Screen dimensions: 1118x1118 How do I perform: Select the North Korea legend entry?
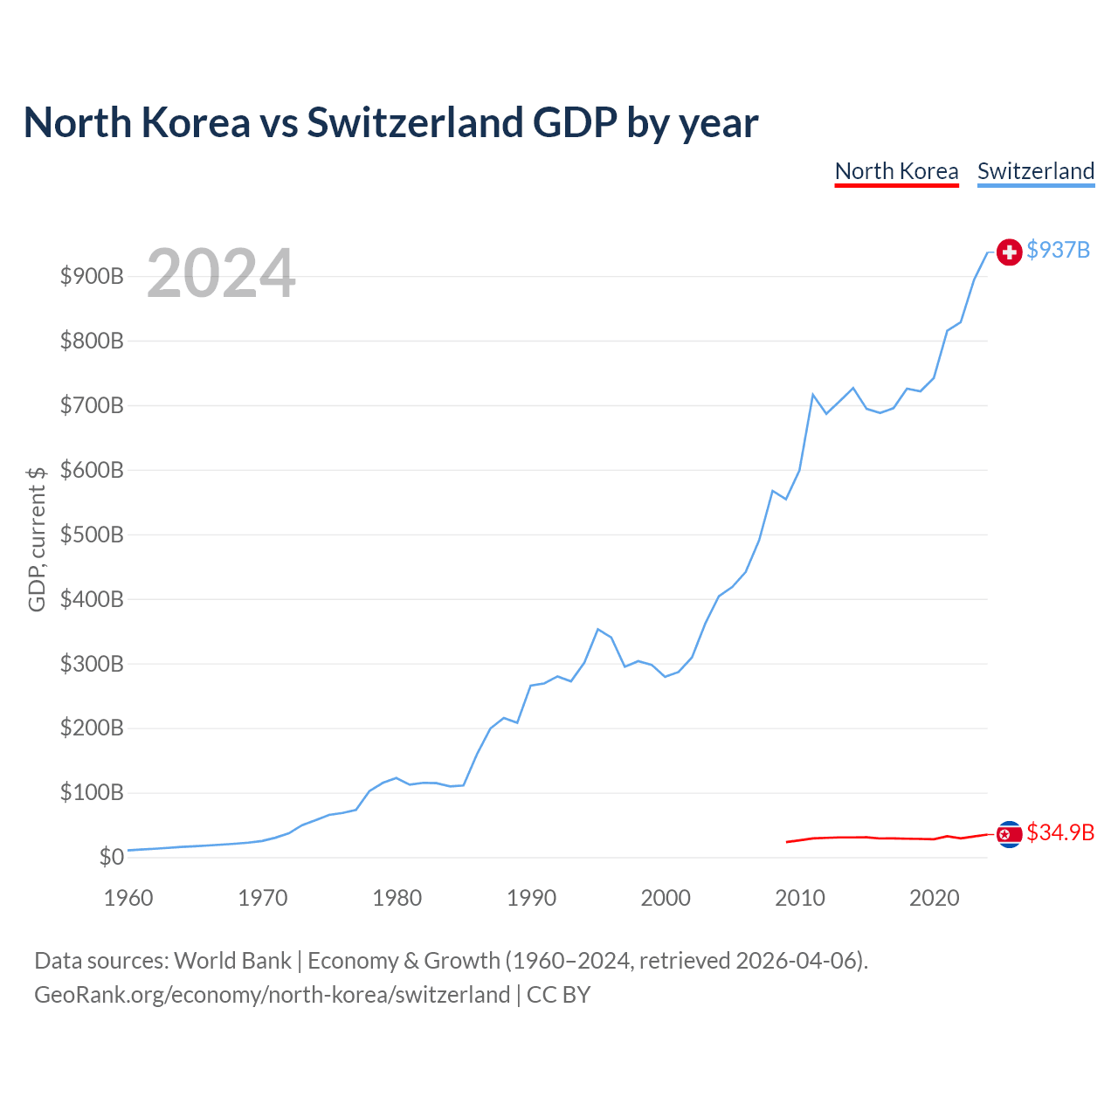896,172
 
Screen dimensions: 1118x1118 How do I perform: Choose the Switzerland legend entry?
1036,172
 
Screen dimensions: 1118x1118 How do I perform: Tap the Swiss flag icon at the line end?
1009,252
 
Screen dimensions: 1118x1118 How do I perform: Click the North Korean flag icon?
1009,834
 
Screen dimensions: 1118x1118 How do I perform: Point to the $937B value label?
1058,250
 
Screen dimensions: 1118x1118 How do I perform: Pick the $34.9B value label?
1060,832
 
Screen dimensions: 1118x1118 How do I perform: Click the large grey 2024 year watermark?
221,273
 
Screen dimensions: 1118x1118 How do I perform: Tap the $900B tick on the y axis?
92,276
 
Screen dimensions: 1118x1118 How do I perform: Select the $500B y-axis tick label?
92,535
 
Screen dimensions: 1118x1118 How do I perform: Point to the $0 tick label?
112,857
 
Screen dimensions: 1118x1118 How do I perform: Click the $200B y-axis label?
92,728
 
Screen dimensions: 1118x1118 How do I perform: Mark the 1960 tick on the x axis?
128,898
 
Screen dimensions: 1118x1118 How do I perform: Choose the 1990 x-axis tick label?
531,898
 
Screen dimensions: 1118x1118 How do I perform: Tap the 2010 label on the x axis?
800,898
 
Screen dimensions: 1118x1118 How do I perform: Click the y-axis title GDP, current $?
37,539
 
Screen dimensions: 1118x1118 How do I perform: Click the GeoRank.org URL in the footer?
273,995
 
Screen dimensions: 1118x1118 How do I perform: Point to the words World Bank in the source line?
232,961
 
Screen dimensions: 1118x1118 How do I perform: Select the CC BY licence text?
558,995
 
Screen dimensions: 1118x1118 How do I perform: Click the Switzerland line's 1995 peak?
598,629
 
